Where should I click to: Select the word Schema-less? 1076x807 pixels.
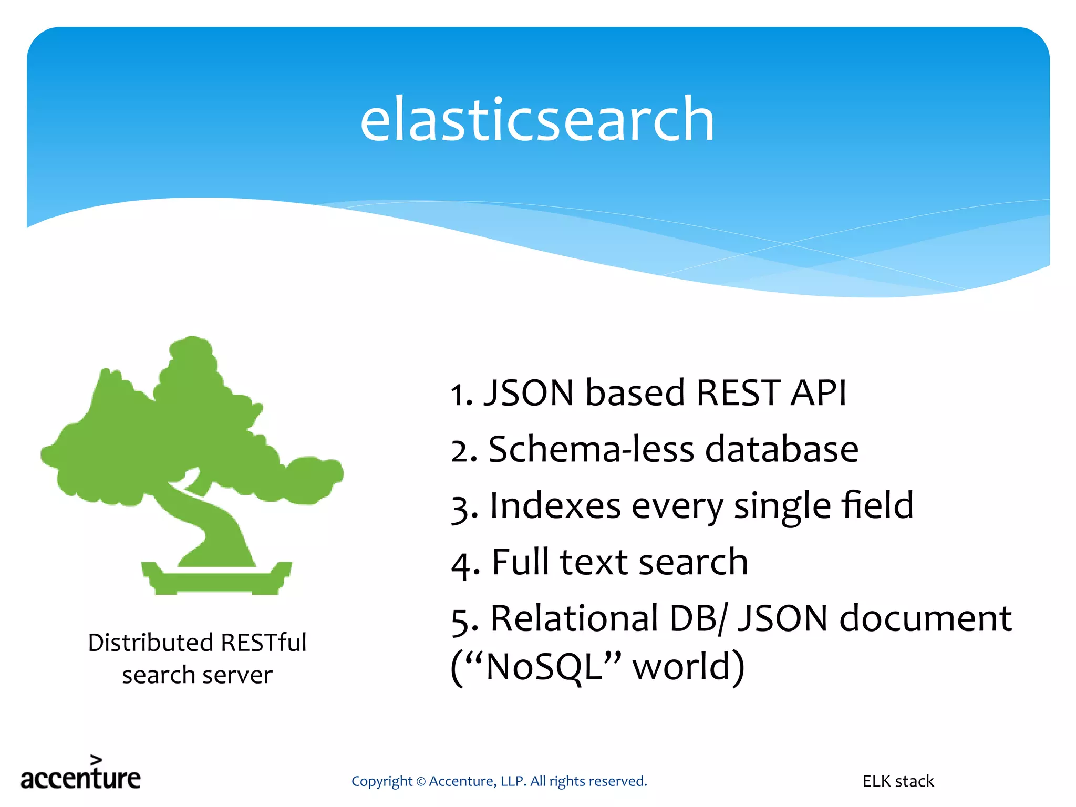pos(591,450)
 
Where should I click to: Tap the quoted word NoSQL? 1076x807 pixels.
pos(544,667)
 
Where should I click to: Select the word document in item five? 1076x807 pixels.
pos(925,618)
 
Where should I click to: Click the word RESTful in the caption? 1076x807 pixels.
pos(263,643)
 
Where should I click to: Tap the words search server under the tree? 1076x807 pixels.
pos(197,675)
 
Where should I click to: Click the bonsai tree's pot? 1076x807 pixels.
pos(216,580)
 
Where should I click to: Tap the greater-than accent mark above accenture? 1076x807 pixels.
pos(96,759)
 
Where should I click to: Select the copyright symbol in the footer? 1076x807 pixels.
pos(421,782)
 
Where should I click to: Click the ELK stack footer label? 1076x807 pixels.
pos(898,781)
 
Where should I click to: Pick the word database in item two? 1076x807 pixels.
pos(781,450)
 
